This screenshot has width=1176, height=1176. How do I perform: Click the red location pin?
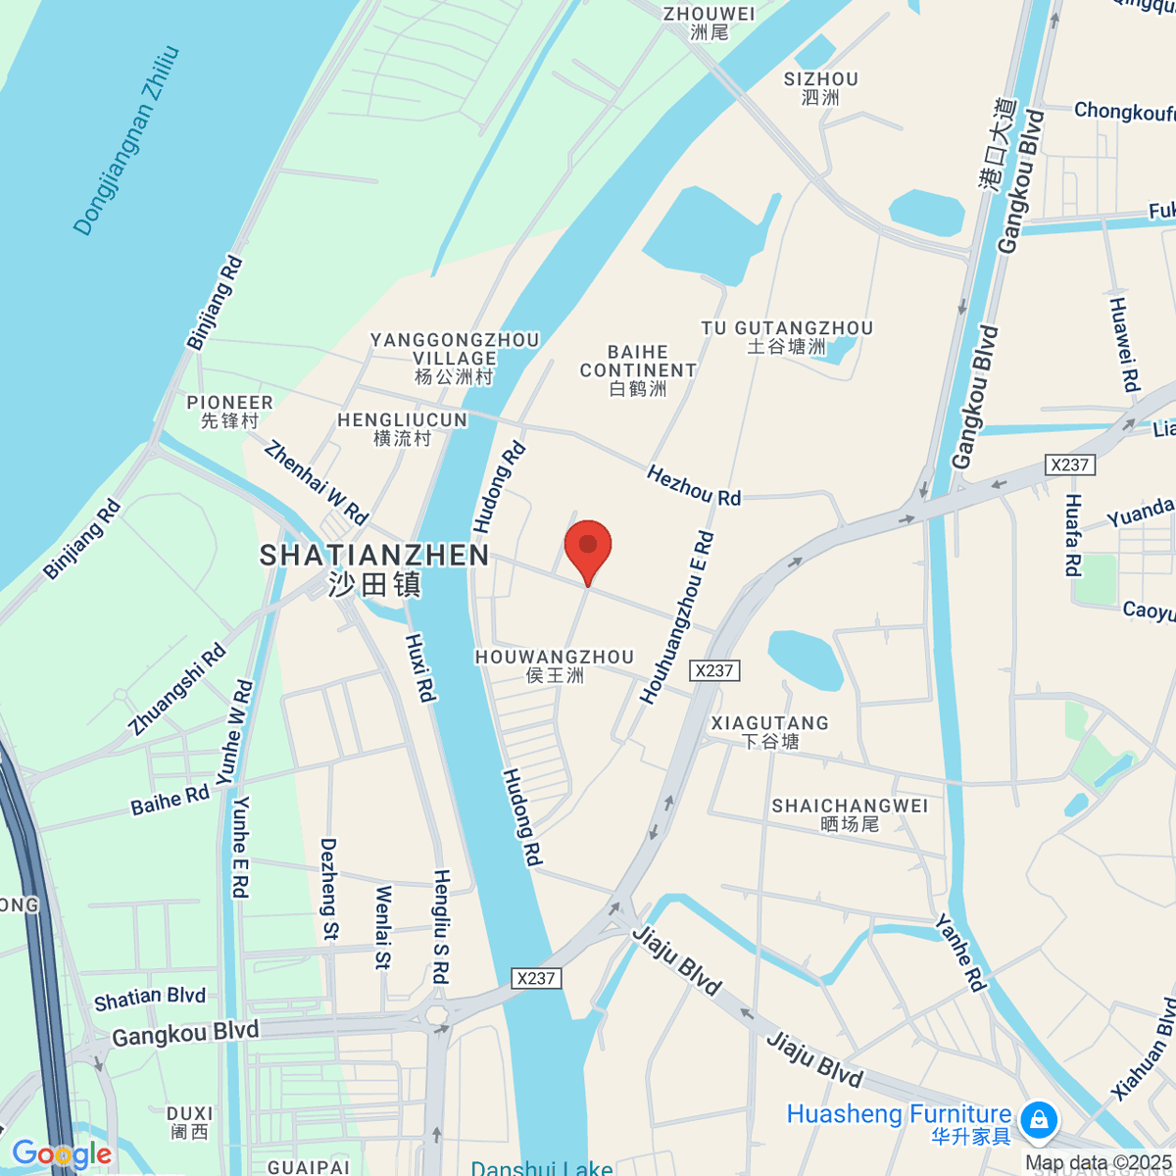tap(588, 547)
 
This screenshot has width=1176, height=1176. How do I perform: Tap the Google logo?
tap(61, 1154)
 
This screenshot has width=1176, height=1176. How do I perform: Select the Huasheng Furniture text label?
tap(899, 1115)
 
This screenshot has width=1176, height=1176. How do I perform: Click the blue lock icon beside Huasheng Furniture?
tap(1038, 1118)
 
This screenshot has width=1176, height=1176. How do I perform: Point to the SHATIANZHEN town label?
tap(374, 557)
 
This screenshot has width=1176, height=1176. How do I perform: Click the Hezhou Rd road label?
tap(694, 486)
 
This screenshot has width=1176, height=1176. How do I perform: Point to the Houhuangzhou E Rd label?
tap(677, 617)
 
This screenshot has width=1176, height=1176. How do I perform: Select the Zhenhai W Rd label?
tap(316, 482)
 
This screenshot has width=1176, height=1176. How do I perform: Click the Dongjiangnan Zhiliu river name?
tap(127, 140)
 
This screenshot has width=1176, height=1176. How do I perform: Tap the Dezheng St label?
tap(329, 890)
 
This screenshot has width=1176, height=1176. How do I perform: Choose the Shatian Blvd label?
tap(150, 999)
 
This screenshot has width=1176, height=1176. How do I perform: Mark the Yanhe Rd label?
tap(959, 953)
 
